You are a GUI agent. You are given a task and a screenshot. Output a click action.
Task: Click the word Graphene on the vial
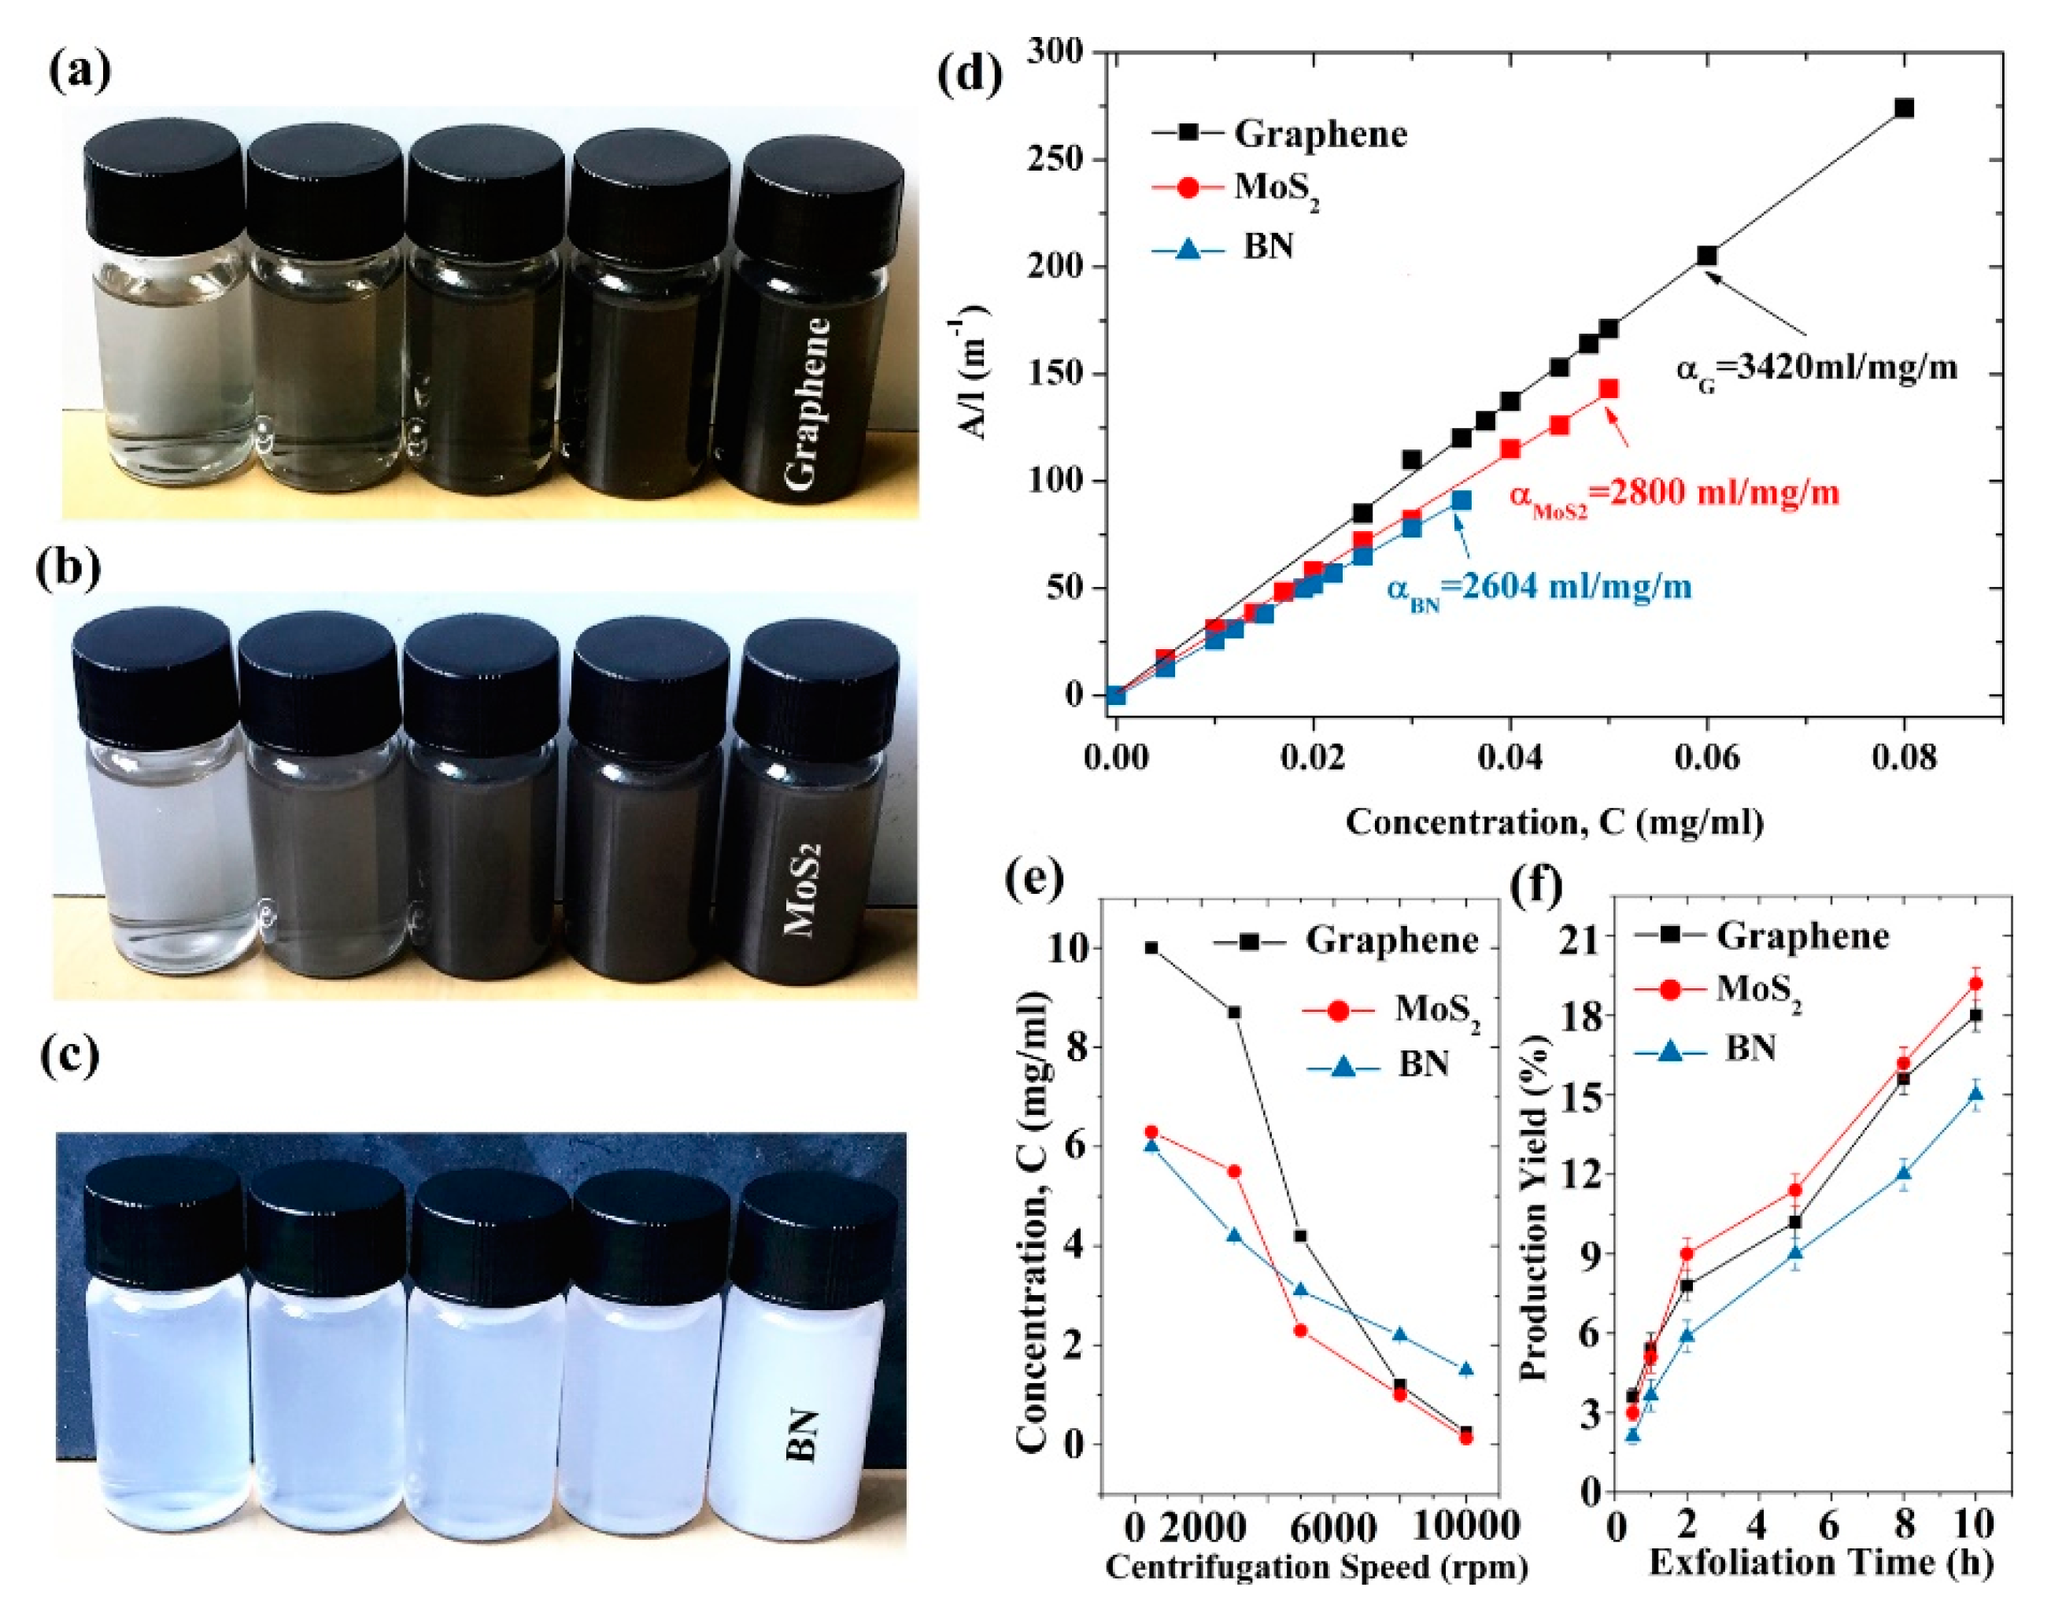tap(807, 404)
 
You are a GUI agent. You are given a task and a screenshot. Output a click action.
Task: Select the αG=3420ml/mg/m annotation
tap(1816, 368)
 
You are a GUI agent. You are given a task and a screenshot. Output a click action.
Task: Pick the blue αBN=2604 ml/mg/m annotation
tap(1539, 588)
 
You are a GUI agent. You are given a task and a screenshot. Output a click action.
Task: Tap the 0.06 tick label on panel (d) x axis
tap(1707, 757)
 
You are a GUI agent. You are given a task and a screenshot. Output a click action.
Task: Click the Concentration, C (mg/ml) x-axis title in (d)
tap(1554, 821)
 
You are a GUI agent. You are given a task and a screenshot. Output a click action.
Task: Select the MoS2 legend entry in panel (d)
tap(1236, 187)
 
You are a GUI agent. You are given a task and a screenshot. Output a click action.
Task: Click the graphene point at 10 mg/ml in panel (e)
tap(1151, 947)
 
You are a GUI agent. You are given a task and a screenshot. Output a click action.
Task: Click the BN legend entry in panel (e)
tap(1379, 1065)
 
